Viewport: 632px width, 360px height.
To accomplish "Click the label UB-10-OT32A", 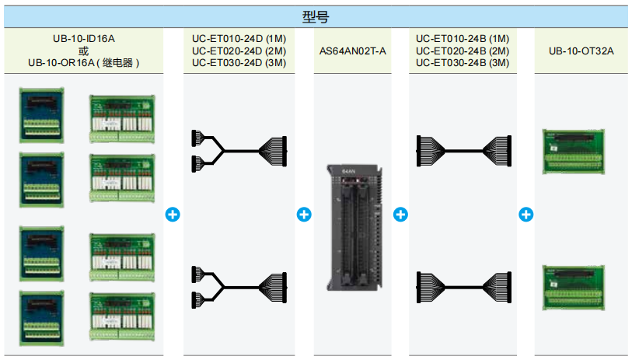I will click(581, 51).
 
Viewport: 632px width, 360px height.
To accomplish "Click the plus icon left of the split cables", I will click(173, 214).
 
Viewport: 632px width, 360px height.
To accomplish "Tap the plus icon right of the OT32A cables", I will click(526, 214).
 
